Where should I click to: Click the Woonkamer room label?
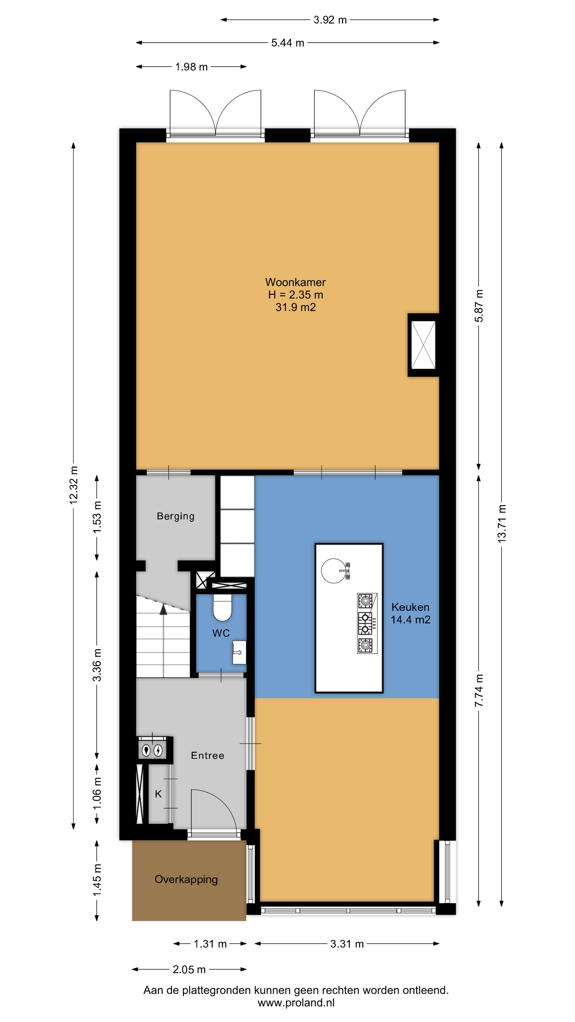tap(295, 282)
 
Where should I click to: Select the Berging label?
tap(176, 516)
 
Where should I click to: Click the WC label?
tap(221, 633)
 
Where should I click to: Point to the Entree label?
tap(208, 755)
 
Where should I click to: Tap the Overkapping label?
tap(186, 880)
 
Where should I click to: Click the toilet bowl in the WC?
tap(222, 608)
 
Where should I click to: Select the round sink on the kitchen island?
tap(334, 571)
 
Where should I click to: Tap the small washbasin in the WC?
tap(239, 652)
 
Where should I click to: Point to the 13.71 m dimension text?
tap(502, 524)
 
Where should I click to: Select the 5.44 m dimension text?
tap(288, 43)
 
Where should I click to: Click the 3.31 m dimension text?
tap(347, 944)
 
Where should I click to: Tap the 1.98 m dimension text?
tap(191, 67)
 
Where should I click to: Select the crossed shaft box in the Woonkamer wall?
tap(423, 345)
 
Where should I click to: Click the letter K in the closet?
tap(158, 794)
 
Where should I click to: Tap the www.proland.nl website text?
tap(296, 1002)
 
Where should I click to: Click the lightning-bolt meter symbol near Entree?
tap(158, 750)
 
